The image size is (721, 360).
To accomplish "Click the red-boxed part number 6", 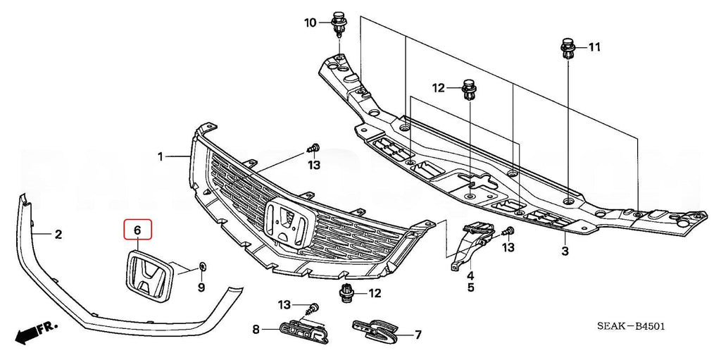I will pyautogui.click(x=137, y=230).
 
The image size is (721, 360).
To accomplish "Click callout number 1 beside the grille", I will pyautogui.click(x=161, y=156).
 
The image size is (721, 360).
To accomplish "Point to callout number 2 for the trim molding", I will pyautogui.click(x=58, y=234).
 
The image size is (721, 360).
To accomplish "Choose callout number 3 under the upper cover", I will pyautogui.click(x=565, y=251).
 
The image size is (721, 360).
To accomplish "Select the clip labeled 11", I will pyautogui.click(x=568, y=49).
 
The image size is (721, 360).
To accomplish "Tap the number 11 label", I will pyautogui.click(x=594, y=47).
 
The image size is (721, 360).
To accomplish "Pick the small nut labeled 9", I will pyautogui.click(x=202, y=267).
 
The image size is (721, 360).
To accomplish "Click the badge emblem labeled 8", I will pyautogui.click(x=304, y=330).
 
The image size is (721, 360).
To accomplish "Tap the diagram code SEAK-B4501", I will pyautogui.click(x=631, y=327).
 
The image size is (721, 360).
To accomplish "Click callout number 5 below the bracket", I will pyautogui.click(x=470, y=287).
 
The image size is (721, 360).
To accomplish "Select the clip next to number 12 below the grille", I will pyautogui.click(x=346, y=294).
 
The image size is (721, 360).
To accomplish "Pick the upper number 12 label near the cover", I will pyautogui.click(x=439, y=88).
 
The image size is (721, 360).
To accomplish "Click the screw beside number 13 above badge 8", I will pyautogui.click(x=313, y=308).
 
